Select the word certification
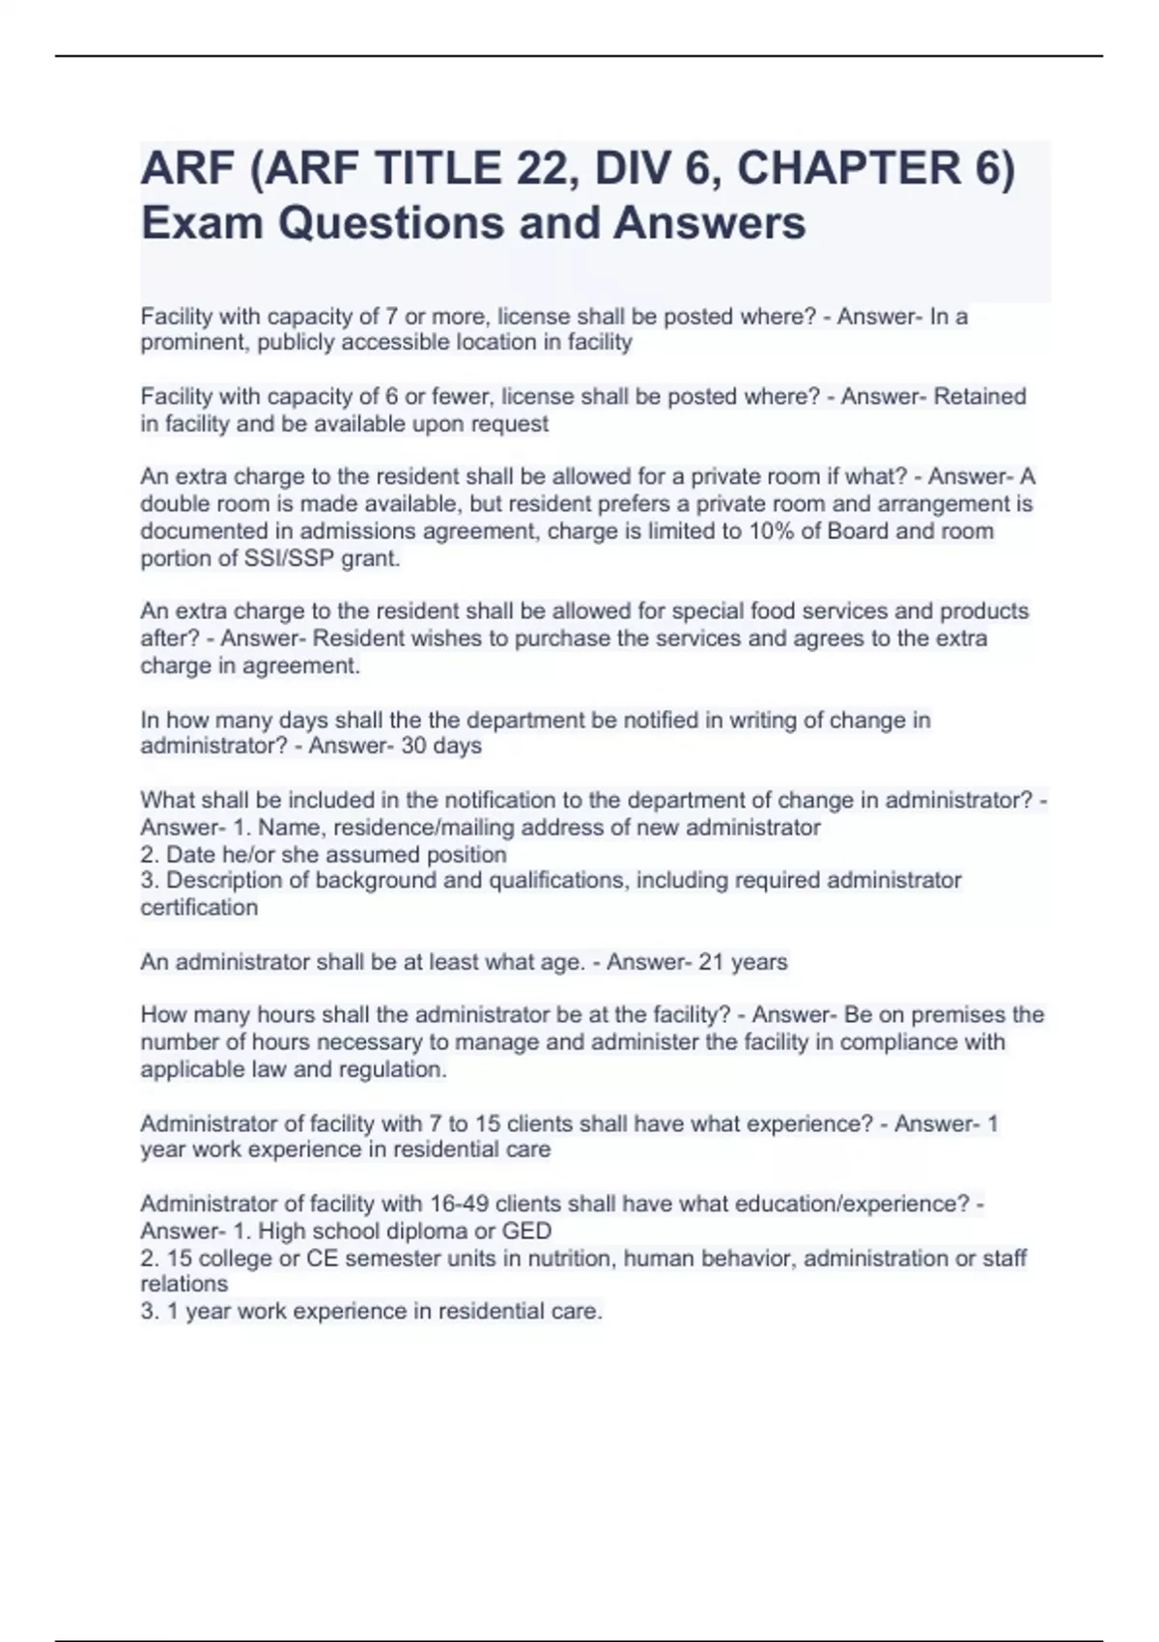click(199, 908)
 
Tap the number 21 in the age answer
click(711, 962)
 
